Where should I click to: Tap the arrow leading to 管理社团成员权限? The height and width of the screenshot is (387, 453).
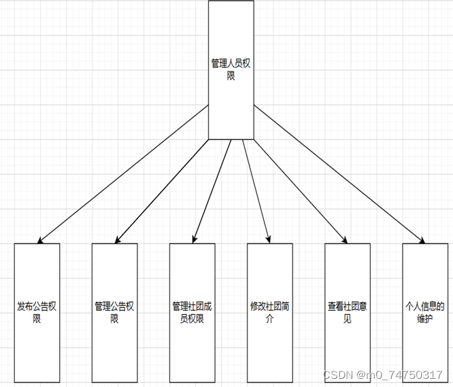[x=213, y=190]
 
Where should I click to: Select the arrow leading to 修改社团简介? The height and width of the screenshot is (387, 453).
[x=256, y=190]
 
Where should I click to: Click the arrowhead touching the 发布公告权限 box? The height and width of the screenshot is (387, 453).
[x=40, y=240]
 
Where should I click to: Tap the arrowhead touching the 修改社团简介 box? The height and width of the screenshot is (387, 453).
[x=269, y=239]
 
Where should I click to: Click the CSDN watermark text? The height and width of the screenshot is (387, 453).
[x=383, y=375]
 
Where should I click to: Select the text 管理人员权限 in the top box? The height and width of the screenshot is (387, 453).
[x=231, y=69]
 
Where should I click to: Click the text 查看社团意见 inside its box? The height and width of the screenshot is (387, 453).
[x=348, y=313]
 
